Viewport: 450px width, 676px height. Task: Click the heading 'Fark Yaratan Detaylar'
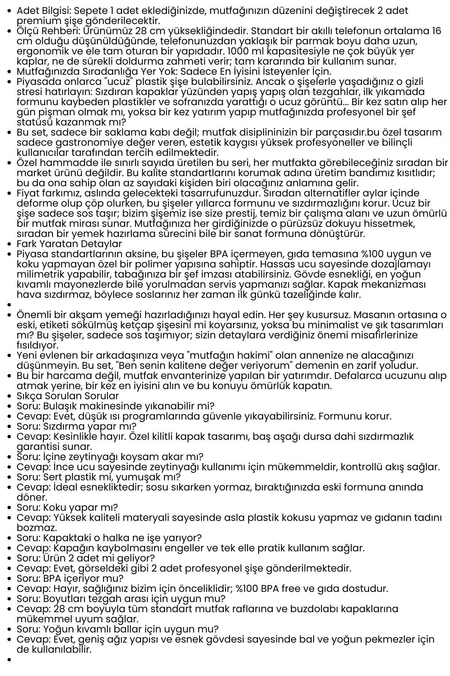click(69, 244)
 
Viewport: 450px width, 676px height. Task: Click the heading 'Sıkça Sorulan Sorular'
click(67, 396)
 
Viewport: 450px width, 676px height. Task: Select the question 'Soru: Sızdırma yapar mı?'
click(76, 426)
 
